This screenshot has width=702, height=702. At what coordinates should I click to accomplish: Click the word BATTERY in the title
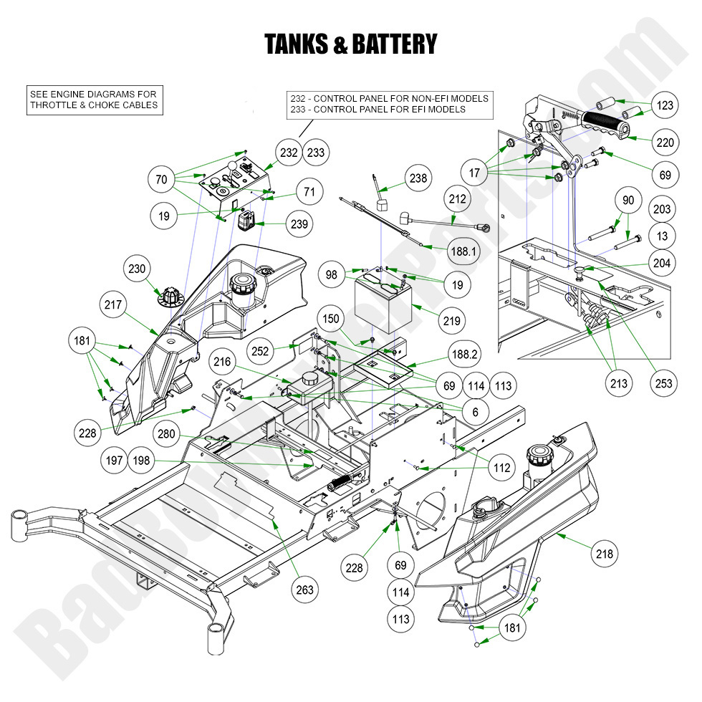(x=391, y=44)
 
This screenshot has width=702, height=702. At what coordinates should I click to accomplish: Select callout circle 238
(x=416, y=178)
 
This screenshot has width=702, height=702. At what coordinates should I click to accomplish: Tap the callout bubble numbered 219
(x=452, y=322)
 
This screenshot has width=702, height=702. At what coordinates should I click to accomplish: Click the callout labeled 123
(x=665, y=106)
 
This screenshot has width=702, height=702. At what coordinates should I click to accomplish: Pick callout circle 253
(x=663, y=383)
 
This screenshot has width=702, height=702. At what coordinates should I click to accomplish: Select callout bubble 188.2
(x=464, y=355)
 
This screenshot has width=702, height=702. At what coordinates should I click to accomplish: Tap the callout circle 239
(x=299, y=224)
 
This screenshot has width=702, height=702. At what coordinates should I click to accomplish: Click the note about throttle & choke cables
(x=93, y=100)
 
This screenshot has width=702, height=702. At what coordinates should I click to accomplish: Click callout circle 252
(x=261, y=350)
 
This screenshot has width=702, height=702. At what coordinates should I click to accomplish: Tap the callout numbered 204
(x=663, y=264)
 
